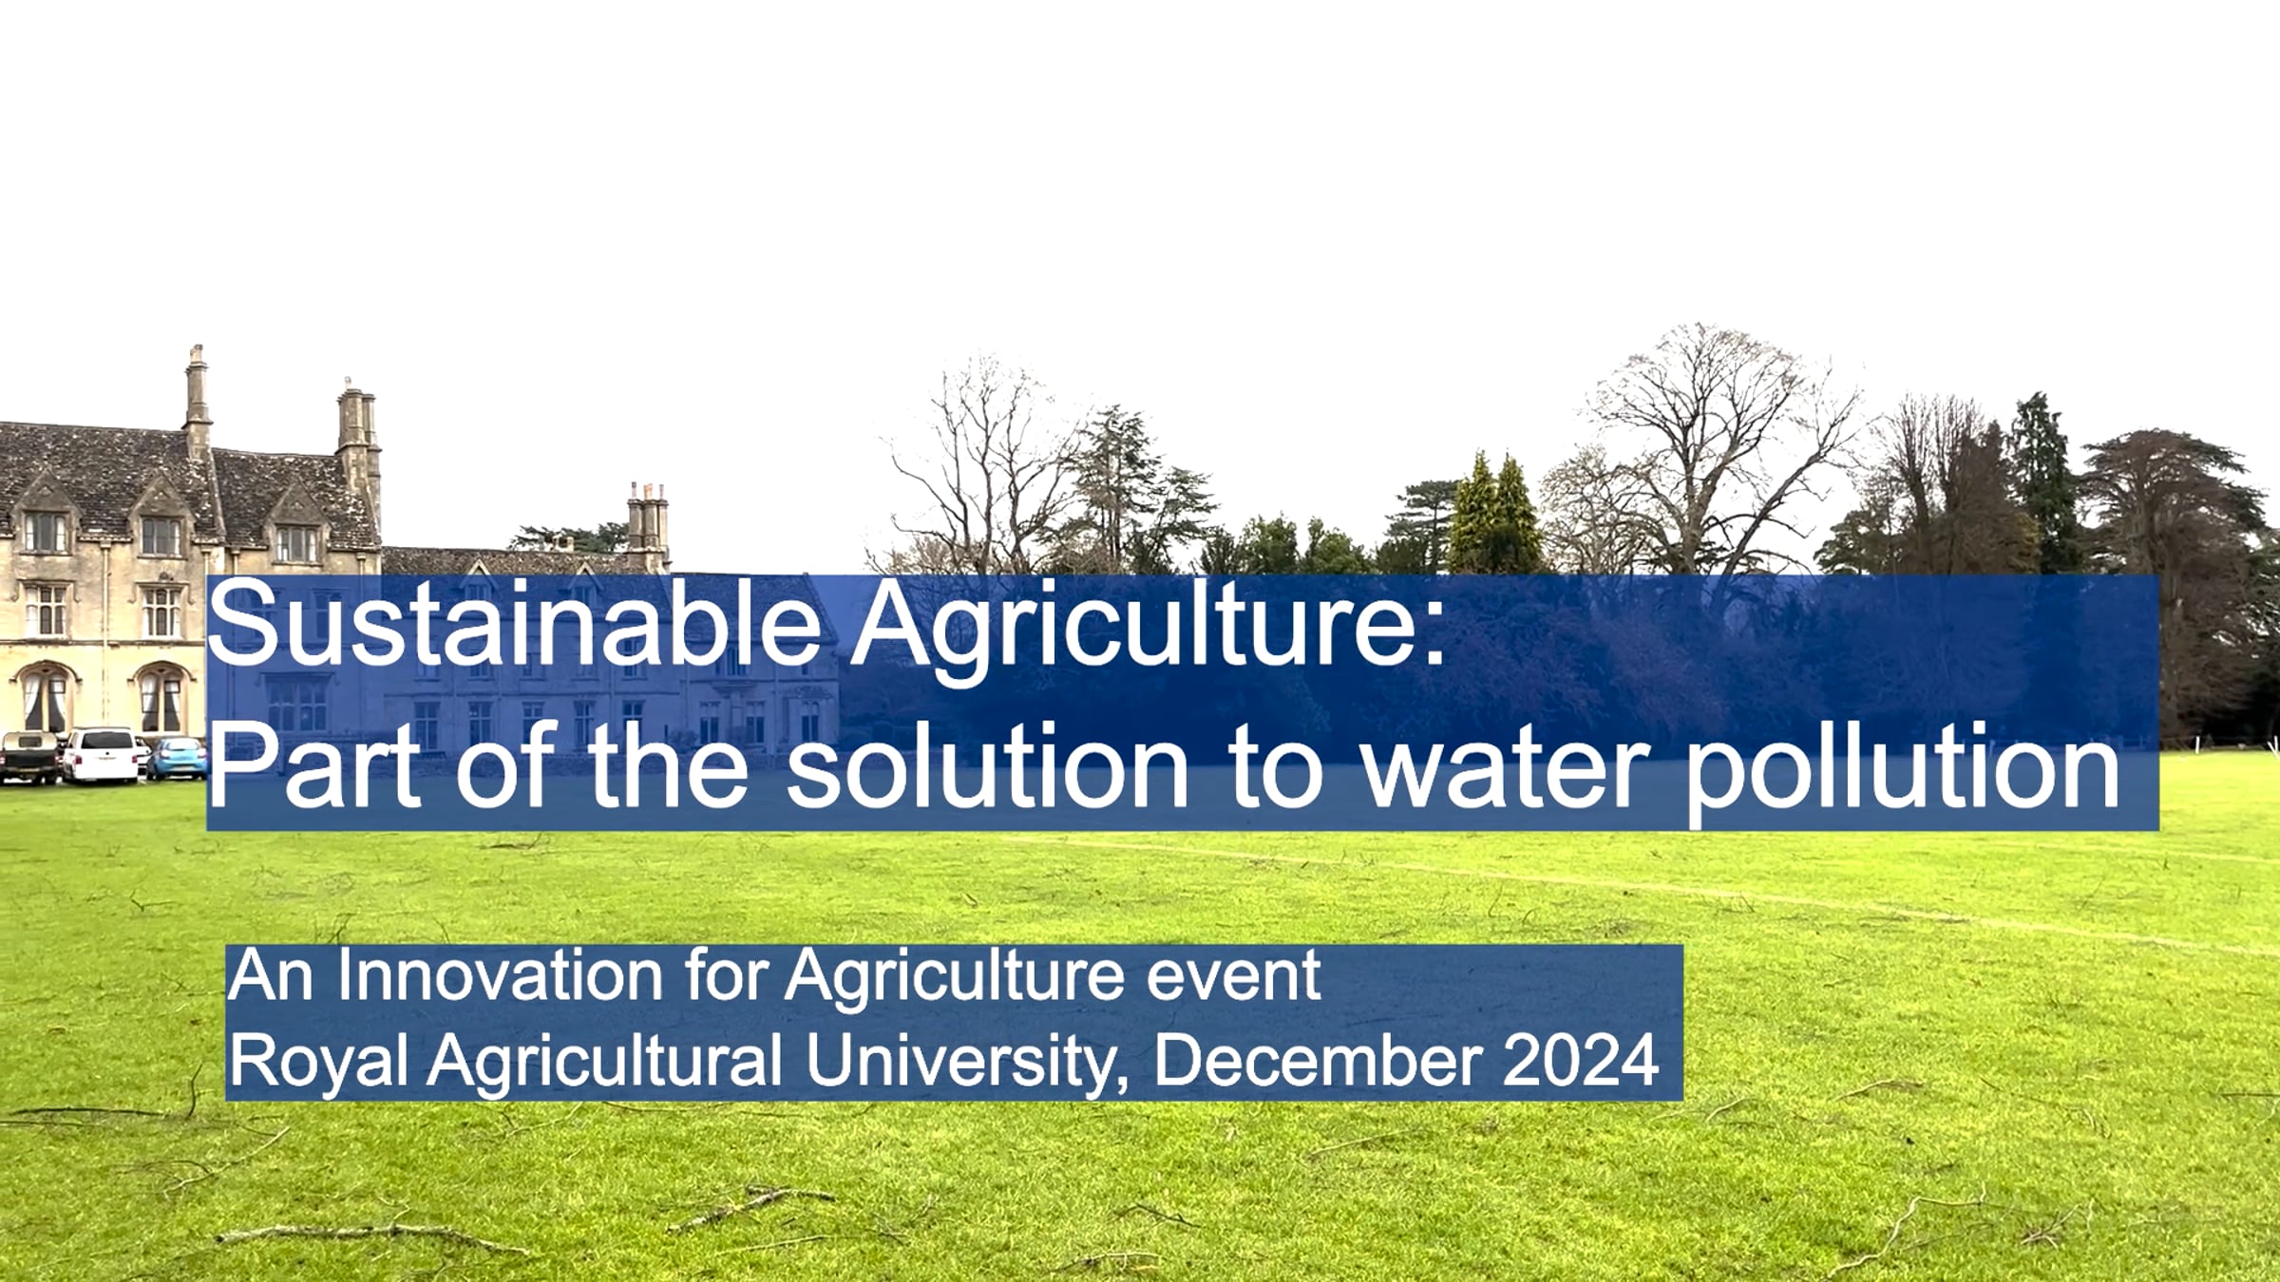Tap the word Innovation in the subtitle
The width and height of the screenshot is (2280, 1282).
click(x=500, y=975)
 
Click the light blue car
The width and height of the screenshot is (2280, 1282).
click(x=178, y=759)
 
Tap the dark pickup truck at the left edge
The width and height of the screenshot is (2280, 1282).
click(x=29, y=759)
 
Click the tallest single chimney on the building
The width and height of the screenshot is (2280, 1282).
click(x=197, y=398)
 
